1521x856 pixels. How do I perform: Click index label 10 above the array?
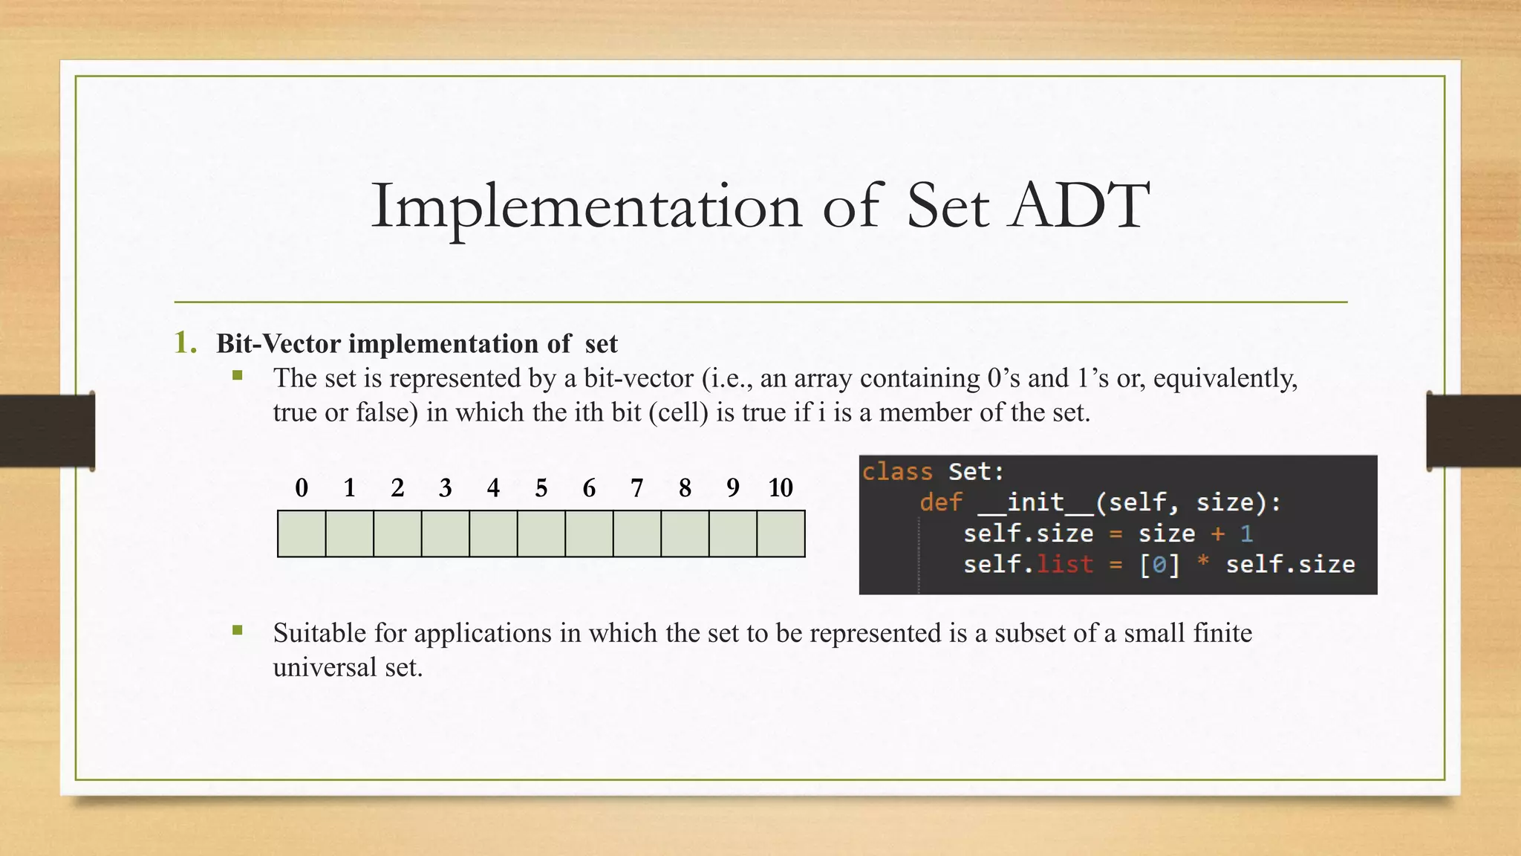pos(781,488)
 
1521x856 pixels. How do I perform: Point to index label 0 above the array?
pos(302,488)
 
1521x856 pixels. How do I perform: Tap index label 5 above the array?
pos(541,488)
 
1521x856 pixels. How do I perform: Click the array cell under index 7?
pos(637,534)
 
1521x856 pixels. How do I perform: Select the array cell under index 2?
pos(397,534)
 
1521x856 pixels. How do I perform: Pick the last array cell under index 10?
pos(781,534)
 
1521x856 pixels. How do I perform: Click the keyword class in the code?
pos(897,472)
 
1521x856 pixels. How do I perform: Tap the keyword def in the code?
pos(940,503)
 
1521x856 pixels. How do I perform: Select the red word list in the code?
pos(1064,565)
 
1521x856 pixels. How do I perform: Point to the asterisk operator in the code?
pos(1202,563)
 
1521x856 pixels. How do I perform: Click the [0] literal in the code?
pos(1159,565)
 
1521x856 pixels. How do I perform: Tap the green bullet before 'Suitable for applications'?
pos(238,631)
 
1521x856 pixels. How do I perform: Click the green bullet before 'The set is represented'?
pos(238,376)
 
